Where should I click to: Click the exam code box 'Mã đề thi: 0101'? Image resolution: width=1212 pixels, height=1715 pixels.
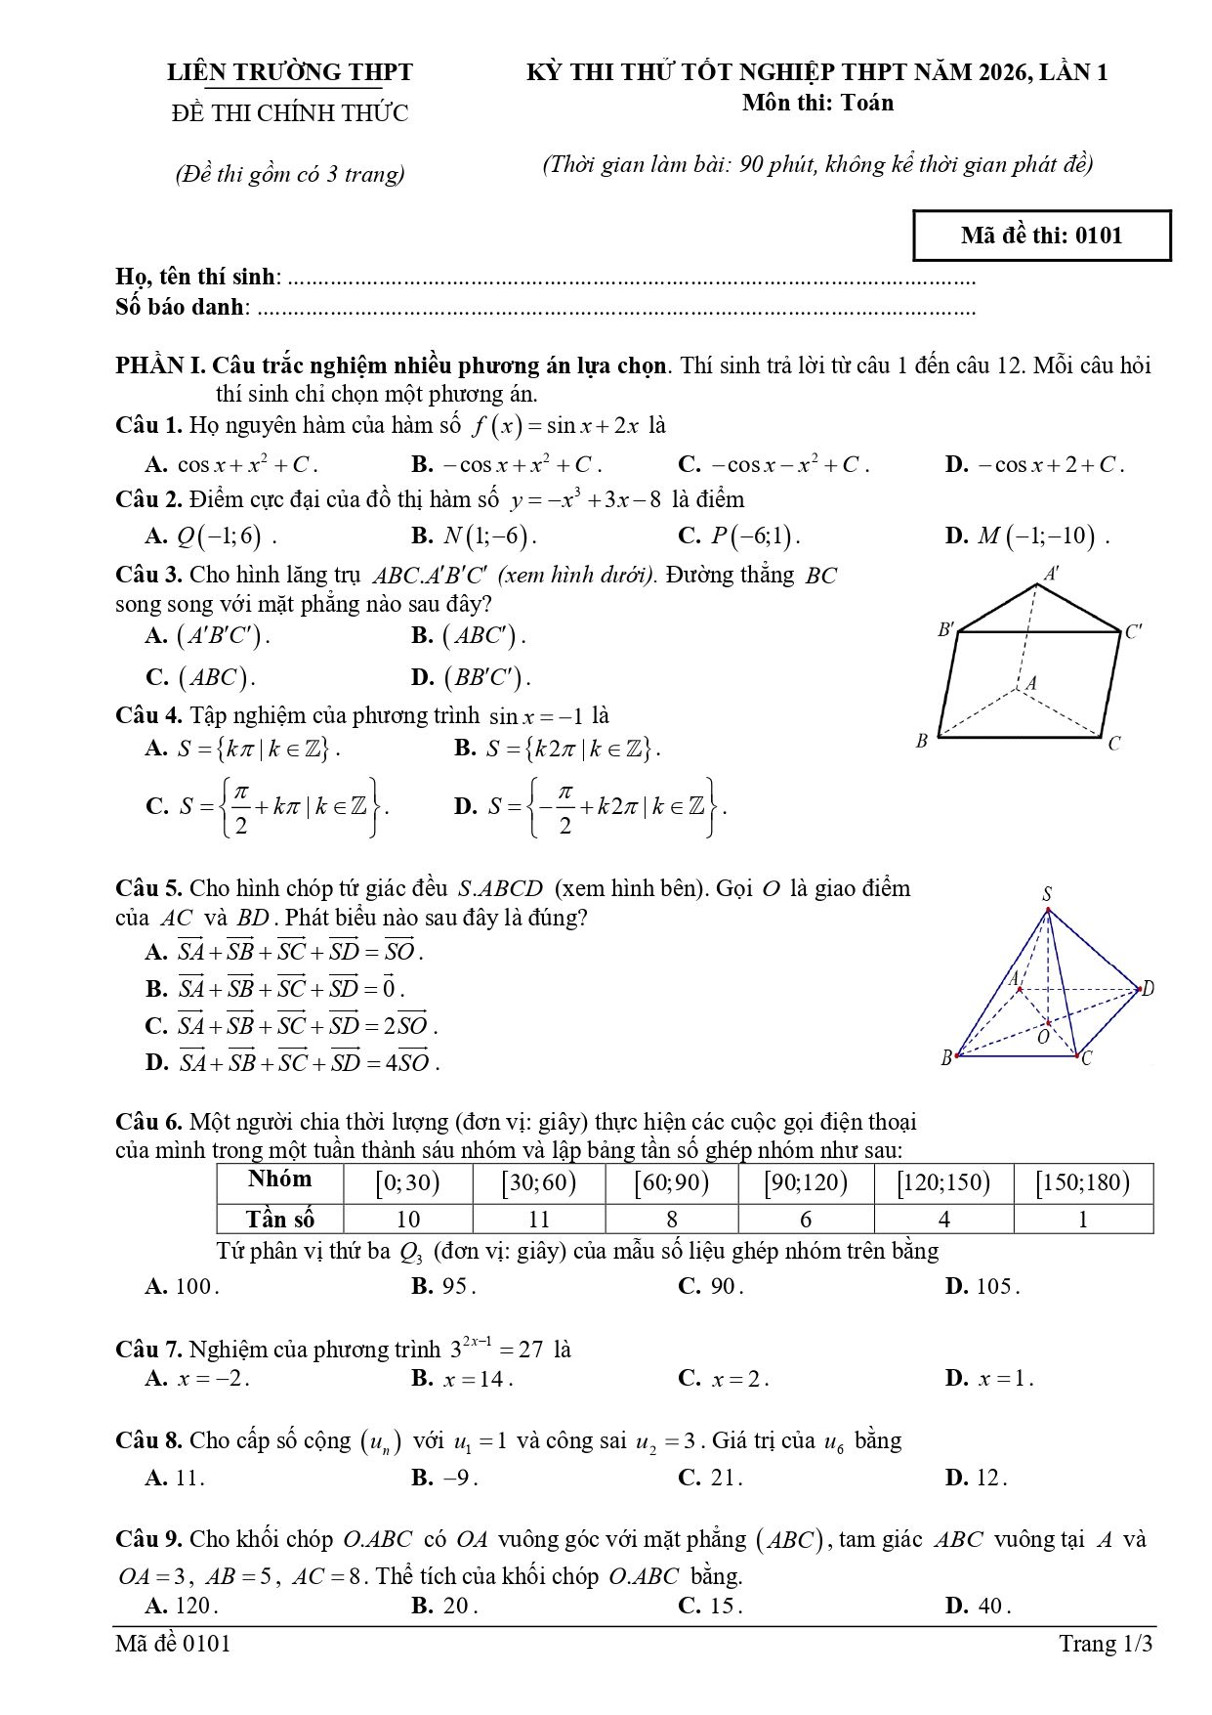[1041, 236]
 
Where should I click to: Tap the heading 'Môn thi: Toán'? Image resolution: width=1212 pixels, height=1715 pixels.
[816, 103]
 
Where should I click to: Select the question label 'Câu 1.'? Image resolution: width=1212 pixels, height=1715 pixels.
[148, 426]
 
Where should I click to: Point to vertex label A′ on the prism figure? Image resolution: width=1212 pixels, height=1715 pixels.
[1052, 574]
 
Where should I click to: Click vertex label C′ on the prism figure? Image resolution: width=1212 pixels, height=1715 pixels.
[1134, 631]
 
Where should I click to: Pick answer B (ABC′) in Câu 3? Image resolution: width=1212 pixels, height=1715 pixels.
[469, 636]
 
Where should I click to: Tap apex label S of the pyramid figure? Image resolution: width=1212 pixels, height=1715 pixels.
[1047, 894]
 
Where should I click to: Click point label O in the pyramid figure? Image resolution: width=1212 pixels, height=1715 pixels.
[1043, 1037]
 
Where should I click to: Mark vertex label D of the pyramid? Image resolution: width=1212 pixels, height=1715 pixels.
[1148, 989]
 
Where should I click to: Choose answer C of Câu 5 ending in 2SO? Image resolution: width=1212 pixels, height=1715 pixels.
[291, 1026]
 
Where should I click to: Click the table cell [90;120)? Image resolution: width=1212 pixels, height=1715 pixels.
[806, 1183]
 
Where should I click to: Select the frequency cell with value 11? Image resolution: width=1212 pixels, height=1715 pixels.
[538, 1220]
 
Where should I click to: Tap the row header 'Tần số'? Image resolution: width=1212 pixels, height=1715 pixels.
[280, 1220]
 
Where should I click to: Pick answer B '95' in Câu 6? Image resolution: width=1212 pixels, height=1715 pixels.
[444, 1286]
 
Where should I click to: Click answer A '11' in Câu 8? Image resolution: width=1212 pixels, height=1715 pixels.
[176, 1478]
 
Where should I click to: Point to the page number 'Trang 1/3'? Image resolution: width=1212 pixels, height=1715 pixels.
[1106, 1644]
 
